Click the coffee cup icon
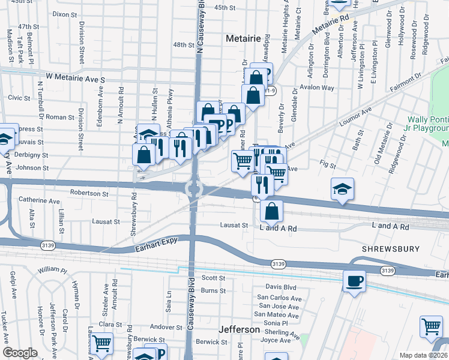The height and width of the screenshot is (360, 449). pos(354,281)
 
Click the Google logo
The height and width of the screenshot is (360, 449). pos(20,353)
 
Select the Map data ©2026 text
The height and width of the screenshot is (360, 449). pos(423,355)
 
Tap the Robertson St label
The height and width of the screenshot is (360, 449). pos(89,194)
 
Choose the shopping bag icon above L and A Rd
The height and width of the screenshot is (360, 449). pos(272,211)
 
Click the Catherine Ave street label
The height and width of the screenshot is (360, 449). pos(40,201)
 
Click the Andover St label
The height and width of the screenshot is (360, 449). pos(166,328)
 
